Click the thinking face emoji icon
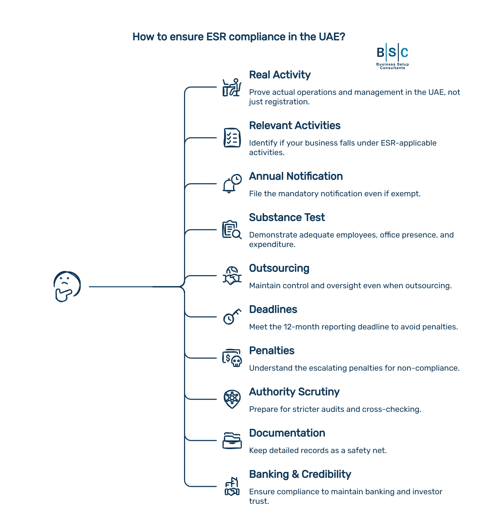(67, 286)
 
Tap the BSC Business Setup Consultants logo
(392, 56)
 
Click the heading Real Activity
(279, 75)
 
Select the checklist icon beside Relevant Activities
(232, 138)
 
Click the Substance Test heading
(287, 217)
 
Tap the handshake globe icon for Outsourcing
(232, 276)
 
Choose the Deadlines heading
(273, 309)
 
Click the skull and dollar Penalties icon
(232, 358)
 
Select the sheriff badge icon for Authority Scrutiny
(232, 399)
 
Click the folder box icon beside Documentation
(232, 440)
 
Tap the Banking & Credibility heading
(300, 474)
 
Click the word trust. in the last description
(259, 501)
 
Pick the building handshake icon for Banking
(232, 486)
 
